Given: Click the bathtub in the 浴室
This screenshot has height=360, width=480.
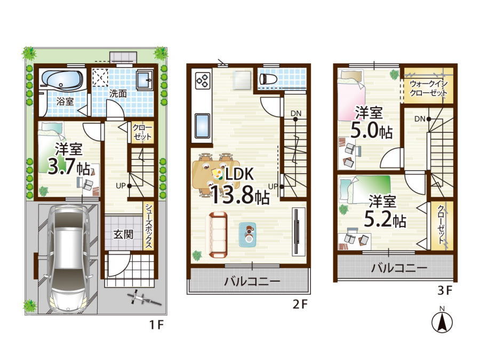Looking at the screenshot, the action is [x=62, y=79].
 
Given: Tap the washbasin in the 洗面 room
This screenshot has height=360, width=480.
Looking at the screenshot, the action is [x=145, y=79].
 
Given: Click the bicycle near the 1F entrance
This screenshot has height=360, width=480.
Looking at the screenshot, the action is [x=142, y=298].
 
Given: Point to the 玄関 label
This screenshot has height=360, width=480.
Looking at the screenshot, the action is [x=123, y=235].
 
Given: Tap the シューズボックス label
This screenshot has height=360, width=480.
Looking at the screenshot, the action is [x=149, y=225].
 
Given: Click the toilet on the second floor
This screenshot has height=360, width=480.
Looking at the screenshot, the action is [x=268, y=79].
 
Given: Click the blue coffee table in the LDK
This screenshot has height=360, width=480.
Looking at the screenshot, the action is [x=248, y=235].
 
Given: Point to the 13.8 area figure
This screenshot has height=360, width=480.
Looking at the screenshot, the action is [x=232, y=195].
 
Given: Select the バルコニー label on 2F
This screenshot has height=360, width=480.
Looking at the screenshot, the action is [x=252, y=281].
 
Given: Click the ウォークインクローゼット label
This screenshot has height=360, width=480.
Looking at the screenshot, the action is [x=428, y=88].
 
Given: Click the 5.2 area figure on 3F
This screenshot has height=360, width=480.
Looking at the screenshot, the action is [x=378, y=220].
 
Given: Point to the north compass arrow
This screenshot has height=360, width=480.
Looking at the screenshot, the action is [x=442, y=323].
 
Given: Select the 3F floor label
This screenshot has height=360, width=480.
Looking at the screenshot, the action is [x=445, y=291].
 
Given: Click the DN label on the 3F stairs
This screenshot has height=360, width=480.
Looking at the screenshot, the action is [x=420, y=119].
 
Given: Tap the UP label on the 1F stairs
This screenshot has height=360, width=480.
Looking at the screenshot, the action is [x=121, y=186].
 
